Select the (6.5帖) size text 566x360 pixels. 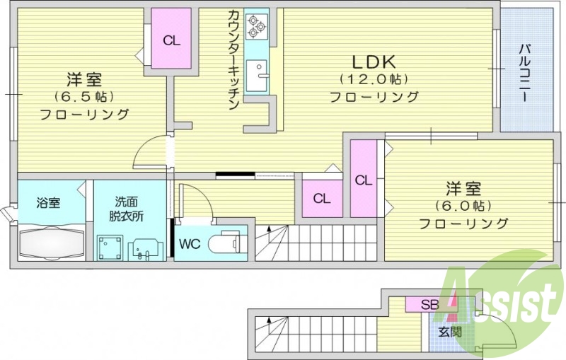pyautogui.click(x=83, y=95)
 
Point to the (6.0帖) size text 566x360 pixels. pyautogui.click(x=463, y=207)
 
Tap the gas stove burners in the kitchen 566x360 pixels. pyautogui.click(x=255, y=28)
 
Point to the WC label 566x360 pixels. pyautogui.click(x=189, y=245)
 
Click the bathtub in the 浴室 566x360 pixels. pyautogui.click(x=52, y=241)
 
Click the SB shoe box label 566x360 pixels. pyautogui.click(x=429, y=306)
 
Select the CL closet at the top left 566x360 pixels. pyautogui.click(x=171, y=40)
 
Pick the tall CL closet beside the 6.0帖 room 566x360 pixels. pyautogui.click(x=363, y=180)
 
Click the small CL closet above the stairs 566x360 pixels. pyautogui.click(x=322, y=199)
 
